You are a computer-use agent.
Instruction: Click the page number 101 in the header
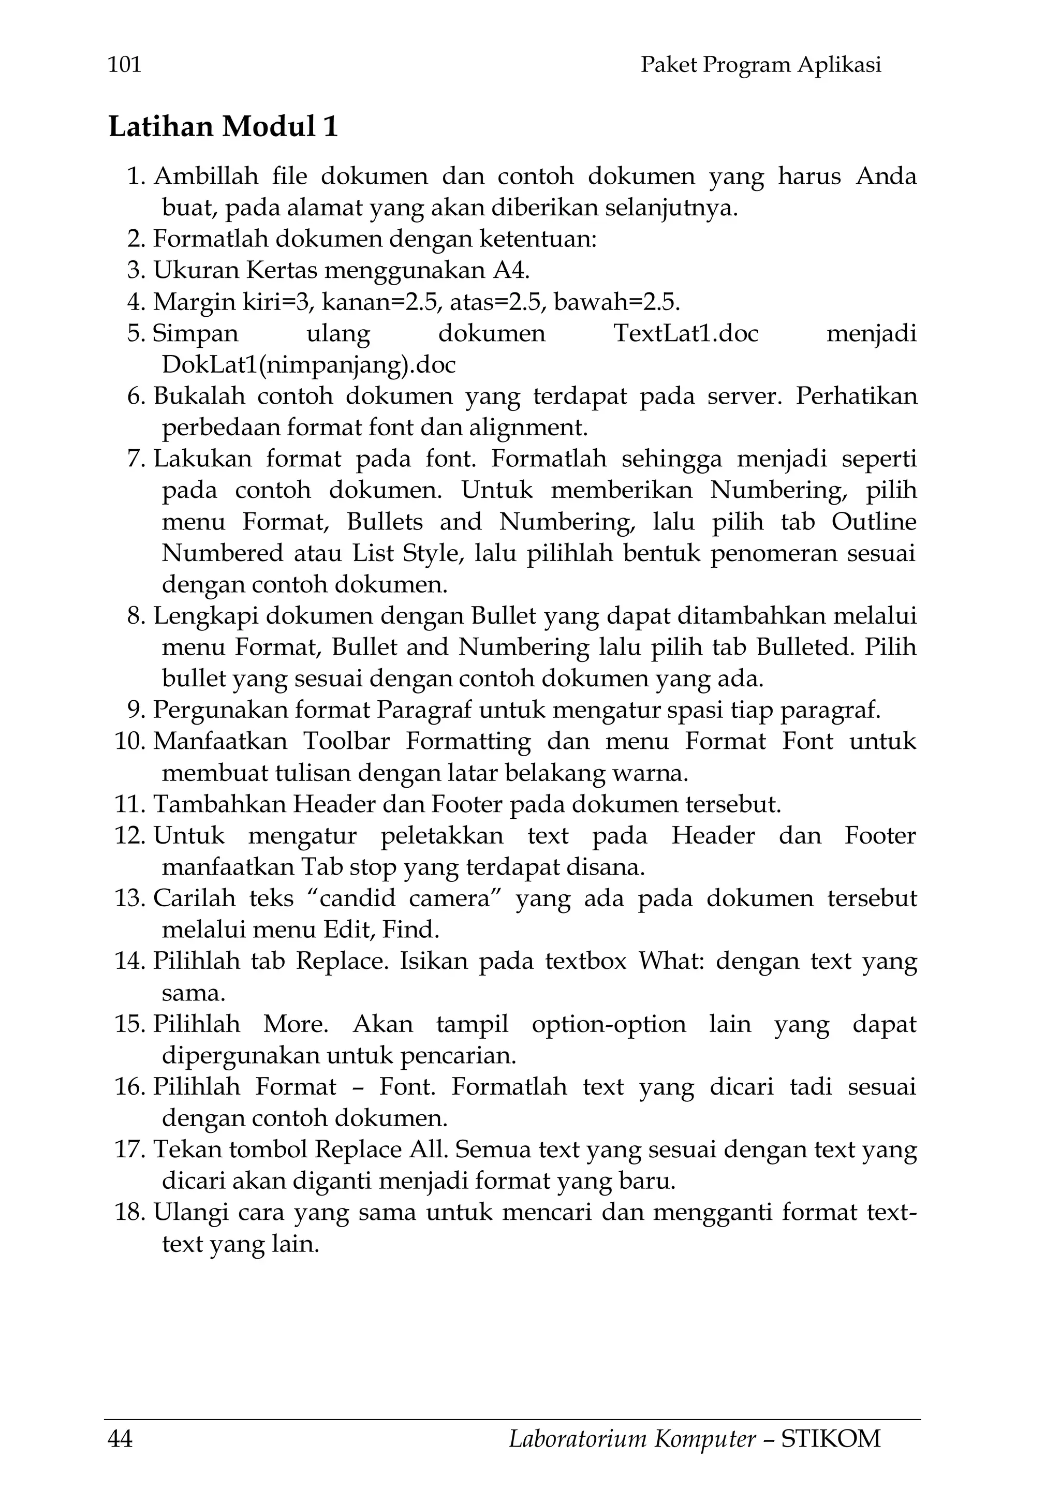point(124,65)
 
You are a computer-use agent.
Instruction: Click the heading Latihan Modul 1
point(224,126)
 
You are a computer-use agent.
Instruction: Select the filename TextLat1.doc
point(685,333)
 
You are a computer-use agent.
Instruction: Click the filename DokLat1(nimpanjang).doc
point(308,364)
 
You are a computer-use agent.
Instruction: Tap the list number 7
point(136,459)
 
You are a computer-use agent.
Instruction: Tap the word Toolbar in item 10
point(346,742)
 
